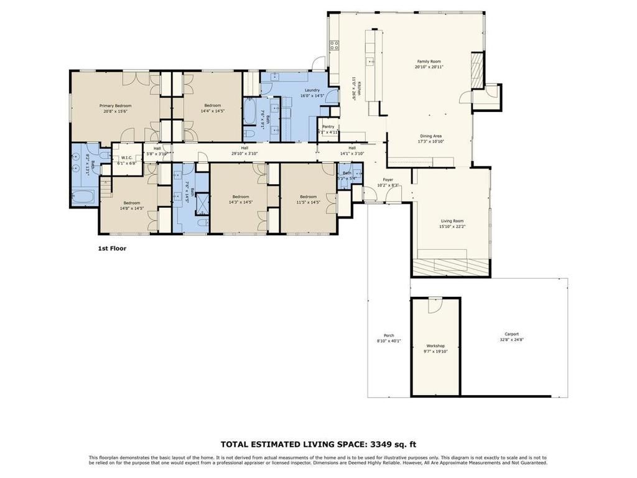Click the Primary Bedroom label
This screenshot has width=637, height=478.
pyautogui.click(x=114, y=106)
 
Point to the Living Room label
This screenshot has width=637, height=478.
pyautogui.click(x=452, y=221)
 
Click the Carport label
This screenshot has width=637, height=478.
pyautogui.click(x=511, y=334)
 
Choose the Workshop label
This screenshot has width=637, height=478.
pyautogui.click(x=435, y=345)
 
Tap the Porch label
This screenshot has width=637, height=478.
pyautogui.click(x=389, y=335)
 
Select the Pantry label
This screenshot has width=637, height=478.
pyautogui.click(x=328, y=127)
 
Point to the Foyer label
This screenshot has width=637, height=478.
pyautogui.click(x=388, y=180)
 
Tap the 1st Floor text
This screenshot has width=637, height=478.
pyautogui.click(x=112, y=248)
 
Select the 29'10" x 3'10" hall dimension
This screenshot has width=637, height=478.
pyautogui.click(x=244, y=153)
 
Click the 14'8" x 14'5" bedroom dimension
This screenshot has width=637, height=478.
pyautogui.click(x=131, y=208)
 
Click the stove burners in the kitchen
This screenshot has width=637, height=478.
pyautogui.click(x=334, y=45)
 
